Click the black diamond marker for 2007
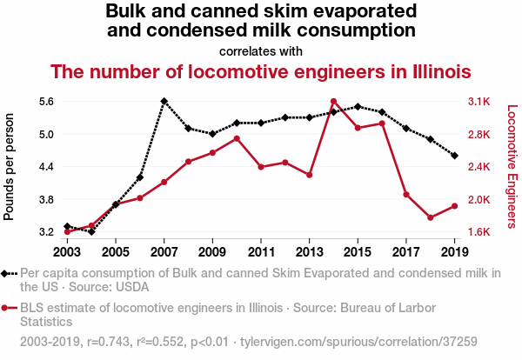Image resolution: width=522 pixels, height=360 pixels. [164, 101]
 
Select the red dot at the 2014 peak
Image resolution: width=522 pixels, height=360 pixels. [333, 102]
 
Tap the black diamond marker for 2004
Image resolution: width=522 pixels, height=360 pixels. [91, 232]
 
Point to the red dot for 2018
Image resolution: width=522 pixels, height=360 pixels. [431, 217]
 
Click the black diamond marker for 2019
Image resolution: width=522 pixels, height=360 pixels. [455, 156]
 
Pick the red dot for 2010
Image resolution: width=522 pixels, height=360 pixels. [237, 138]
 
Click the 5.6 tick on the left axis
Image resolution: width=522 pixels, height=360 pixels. [47, 102]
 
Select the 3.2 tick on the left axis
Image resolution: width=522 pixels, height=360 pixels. [47, 232]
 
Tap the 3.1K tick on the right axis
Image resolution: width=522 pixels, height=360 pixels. [479, 102]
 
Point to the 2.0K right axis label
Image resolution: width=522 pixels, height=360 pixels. [479, 199]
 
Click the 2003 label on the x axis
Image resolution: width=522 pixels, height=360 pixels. [67, 252]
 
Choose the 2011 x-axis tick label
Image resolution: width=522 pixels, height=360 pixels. [261, 252]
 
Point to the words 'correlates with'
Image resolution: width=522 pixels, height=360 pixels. [261, 50]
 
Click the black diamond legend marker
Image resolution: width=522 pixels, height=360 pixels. [9, 273]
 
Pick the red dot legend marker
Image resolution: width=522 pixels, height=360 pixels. [9, 308]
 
